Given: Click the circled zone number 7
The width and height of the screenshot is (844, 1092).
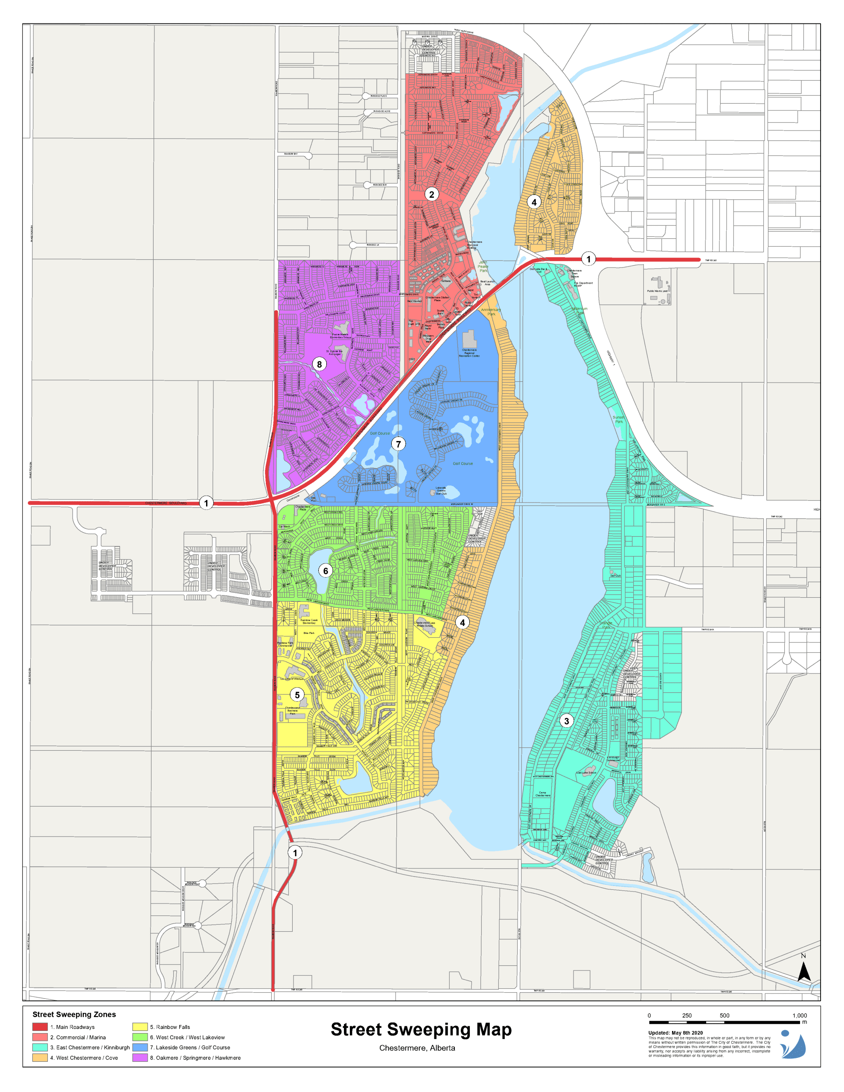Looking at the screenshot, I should [398, 444].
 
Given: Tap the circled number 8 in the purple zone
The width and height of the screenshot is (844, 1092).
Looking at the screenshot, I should [319, 364].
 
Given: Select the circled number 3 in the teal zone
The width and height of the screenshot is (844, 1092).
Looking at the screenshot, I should [566, 720].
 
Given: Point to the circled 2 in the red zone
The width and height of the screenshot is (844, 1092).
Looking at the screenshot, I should [432, 194].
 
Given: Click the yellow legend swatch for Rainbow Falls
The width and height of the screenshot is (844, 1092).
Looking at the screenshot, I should [140, 1026].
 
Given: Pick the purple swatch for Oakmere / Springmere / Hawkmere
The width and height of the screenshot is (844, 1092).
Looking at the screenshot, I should [140, 1057].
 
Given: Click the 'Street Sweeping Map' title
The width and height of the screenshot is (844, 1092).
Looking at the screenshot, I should [421, 1029].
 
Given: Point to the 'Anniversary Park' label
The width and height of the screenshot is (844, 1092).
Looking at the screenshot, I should [491, 311].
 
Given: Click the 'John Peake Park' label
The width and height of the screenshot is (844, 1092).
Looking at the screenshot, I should [483, 267].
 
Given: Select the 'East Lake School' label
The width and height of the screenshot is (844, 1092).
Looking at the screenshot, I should [586, 773].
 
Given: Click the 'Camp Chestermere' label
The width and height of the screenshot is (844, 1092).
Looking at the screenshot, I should [543, 793].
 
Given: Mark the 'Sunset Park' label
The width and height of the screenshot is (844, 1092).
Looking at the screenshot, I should [619, 419].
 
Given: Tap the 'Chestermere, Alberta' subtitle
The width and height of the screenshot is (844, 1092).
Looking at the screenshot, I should [417, 1048].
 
